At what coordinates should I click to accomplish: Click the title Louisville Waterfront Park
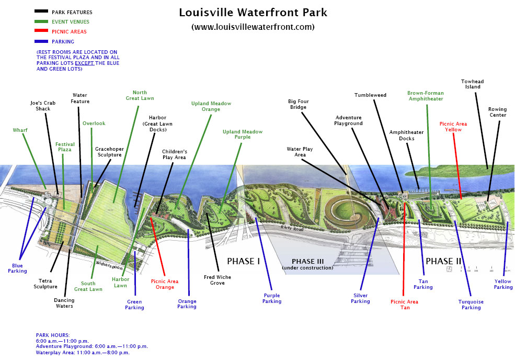pyautogui.click(x=253, y=12)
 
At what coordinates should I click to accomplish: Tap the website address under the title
pyautogui.click(x=253, y=26)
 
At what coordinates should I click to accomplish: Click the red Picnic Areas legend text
pyautogui.click(x=70, y=31)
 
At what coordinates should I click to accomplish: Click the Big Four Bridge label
pyautogui.click(x=297, y=104)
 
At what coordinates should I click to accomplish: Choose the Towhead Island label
pyautogui.click(x=471, y=84)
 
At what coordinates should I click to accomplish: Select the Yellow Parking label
pyautogui.click(x=503, y=284)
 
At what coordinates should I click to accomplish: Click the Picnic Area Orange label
pyautogui.click(x=165, y=284)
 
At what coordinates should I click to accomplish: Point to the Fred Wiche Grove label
pyautogui.click(x=218, y=280)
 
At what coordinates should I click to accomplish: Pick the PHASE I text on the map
pyautogui.click(x=243, y=261)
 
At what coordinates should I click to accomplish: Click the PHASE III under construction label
pyautogui.click(x=307, y=264)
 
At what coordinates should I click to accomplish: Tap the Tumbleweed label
pyautogui.click(x=370, y=95)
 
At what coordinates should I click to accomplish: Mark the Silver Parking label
pyautogui.click(x=361, y=298)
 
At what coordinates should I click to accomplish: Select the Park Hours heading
pyautogui.click(x=52, y=334)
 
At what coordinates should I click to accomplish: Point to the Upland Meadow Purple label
pyautogui.click(x=243, y=134)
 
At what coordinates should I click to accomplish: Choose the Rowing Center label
pyautogui.click(x=498, y=113)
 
